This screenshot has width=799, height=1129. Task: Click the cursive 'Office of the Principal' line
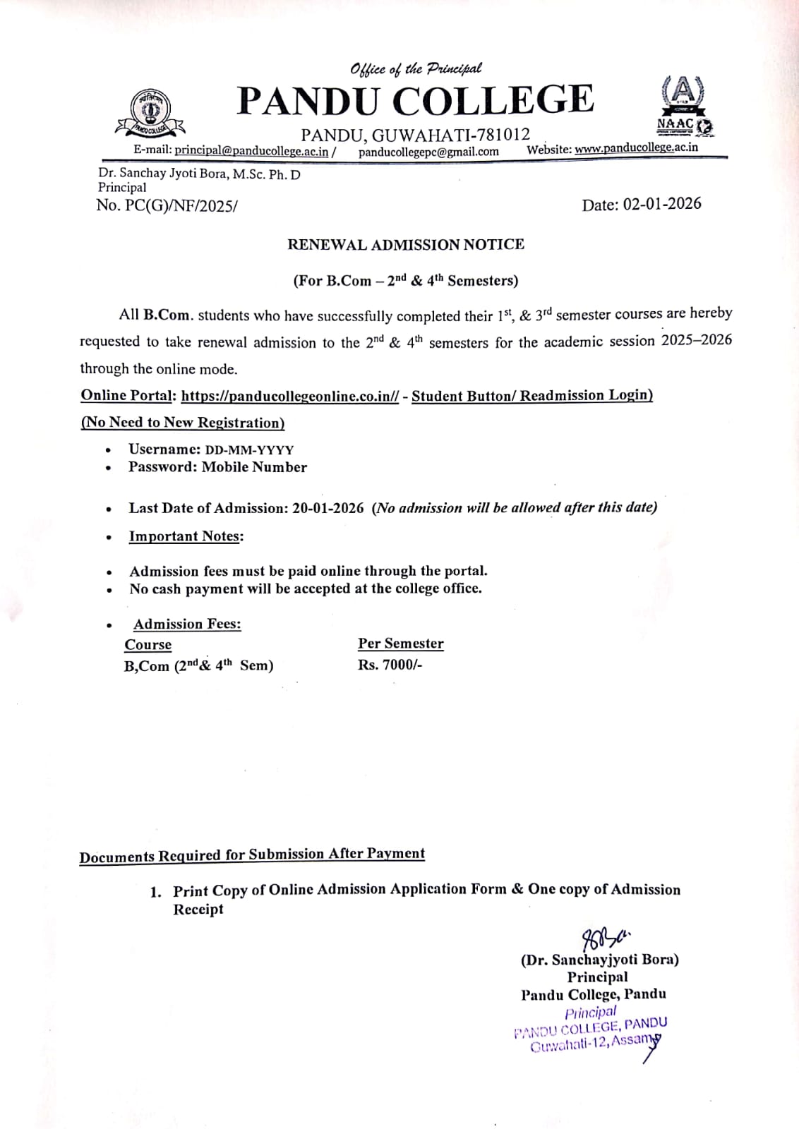click(x=416, y=68)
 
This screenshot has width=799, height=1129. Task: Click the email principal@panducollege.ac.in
click(x=251, y=150)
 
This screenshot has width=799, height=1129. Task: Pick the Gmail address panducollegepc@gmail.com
click(x=428, y=151)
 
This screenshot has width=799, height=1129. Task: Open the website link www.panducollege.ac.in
click(x=636, y=147)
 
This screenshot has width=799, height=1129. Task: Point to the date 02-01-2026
click(x=662, y=204)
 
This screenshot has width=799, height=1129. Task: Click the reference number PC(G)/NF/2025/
click(x=181, y=206)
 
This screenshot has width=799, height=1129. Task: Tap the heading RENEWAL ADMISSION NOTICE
click(x=406, y=244)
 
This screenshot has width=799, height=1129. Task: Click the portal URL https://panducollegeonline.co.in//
click(x=290, y=396)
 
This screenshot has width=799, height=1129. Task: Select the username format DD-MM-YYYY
click(x=249, y=450)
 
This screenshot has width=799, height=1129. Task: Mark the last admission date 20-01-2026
click(x=328, y=508)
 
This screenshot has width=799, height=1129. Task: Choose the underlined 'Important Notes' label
click(x=186, y=536)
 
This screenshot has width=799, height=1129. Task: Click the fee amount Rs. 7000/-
click(x=390, y=665)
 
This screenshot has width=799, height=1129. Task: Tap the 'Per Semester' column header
click(x=400, y=644)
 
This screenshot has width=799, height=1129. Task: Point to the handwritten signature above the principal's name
click(x=603, y=939)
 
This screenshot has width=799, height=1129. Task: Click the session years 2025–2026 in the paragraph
click(x=696, y=340)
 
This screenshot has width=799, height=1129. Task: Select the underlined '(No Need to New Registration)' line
click(x=183, y=423)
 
